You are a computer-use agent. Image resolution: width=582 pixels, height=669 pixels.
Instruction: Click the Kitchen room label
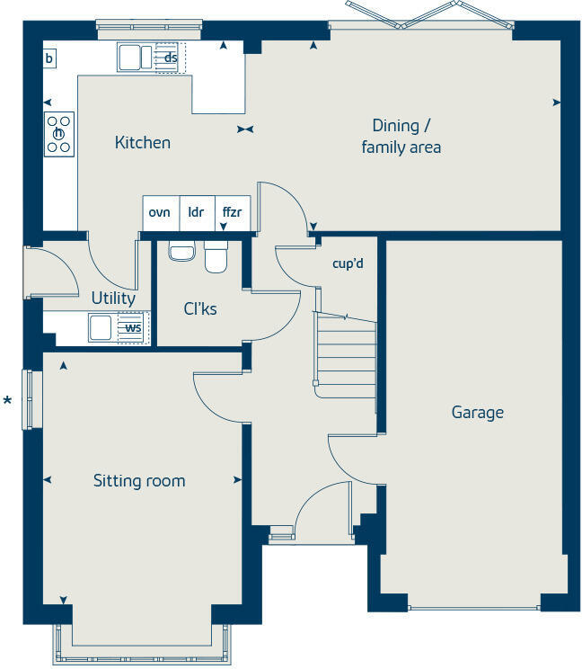click(x=142, y=142)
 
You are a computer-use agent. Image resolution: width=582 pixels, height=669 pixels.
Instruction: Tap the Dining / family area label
click(x=401, y=137)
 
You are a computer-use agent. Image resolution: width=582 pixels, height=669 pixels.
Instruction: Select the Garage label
click(x=477, y=413)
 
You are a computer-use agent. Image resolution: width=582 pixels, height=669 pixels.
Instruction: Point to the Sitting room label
click(x=139, y=481)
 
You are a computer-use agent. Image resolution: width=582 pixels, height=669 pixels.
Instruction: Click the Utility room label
click(x=113, y=299)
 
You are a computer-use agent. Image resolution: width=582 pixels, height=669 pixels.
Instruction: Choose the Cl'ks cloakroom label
click(x=199, y=308)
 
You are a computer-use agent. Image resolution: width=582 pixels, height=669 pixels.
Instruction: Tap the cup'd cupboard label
click(x=348, y=263)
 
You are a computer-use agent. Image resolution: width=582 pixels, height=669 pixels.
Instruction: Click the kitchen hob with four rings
click(x=59, y=134)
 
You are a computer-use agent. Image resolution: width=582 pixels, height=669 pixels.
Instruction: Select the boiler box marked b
click(x=49, y=58)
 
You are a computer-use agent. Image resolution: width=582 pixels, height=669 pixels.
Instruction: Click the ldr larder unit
click(x=198, y=213)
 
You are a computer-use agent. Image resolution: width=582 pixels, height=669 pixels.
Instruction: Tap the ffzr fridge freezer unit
click(x=233, y=213)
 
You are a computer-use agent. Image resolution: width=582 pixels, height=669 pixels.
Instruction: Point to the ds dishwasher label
click(x=171, y=58)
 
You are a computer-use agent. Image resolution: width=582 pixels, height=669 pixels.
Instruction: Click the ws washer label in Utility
click(x=133, y=327)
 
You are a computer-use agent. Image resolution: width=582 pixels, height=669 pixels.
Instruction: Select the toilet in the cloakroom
click(x=216, y=257)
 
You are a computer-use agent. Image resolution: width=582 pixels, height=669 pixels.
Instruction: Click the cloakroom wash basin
click(x=182, y=251)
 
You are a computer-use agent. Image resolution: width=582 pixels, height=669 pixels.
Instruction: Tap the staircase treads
click(x=346, y=355)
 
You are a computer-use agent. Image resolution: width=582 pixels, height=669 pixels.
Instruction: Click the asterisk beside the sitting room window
click(x=7, y=401)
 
